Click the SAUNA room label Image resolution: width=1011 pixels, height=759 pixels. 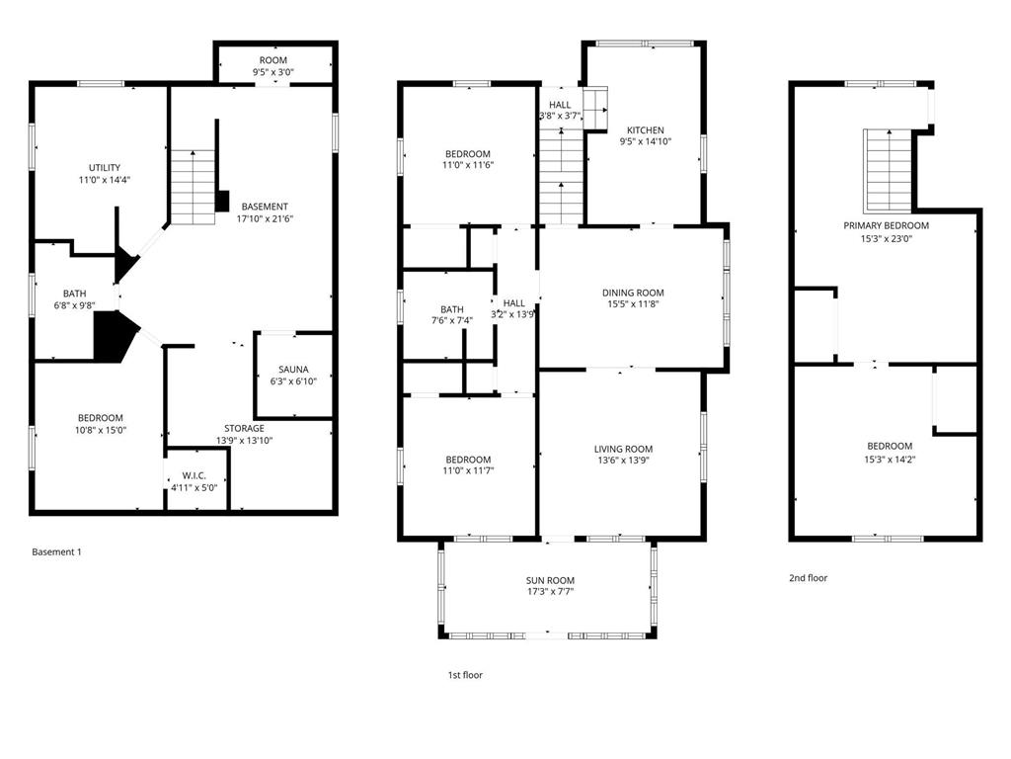click(293, 370)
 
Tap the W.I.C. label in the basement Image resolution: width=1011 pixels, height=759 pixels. click(194, 475)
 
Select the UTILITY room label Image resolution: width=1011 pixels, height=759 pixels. click(105, 168)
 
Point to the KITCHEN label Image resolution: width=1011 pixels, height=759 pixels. click(646, 130)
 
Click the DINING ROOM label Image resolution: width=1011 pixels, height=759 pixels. click(633, 293)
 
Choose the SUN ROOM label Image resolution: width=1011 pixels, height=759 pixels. click(550, 580)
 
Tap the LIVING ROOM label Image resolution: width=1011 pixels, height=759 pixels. click(624, 450)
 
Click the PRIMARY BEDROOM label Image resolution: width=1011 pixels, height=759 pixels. click(887, 226)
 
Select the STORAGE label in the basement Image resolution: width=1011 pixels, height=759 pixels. click(245, 429)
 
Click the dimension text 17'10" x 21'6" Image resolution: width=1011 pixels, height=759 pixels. click(265, 218)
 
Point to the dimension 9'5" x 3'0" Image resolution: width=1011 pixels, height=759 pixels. click(273, 72)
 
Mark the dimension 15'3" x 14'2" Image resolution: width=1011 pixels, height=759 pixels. click(890, 460)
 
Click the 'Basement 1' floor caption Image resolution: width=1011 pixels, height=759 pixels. click(56, 551)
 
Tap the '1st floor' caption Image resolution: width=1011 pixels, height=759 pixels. click(466, 675)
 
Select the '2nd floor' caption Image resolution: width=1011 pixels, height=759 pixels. click(808, 578)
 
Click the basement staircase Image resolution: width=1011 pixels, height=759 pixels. click(193, 187)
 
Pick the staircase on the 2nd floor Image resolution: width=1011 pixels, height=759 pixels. click(888, 170)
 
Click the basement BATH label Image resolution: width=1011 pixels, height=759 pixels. click(75, 294)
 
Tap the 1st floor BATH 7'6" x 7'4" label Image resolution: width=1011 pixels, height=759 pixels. click(452, 315)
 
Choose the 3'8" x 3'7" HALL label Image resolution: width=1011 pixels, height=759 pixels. click(560, 111)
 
